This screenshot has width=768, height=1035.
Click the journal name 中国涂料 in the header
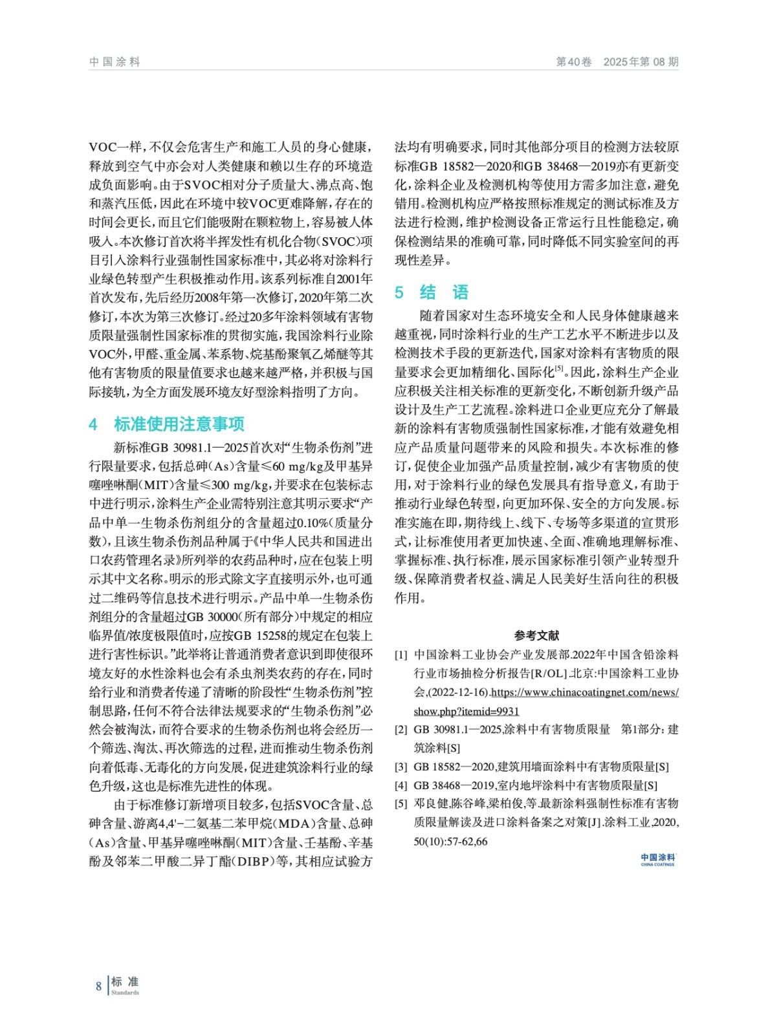pyautogui.click(x=115, y=62)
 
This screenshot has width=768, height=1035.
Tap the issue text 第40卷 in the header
pyautogui.click(x=574, y=62)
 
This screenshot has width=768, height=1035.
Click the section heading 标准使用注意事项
pyautogui.click(x=179, y=424)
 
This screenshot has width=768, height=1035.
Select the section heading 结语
pyautogui.click(x=444, y=292)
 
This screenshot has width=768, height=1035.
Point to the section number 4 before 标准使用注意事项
pyautogui.click(x=93, y=424)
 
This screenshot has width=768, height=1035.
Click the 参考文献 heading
pyautogui.click(x=536, y=635)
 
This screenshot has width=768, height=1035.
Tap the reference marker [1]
pyautogui.click(x=401, y=655)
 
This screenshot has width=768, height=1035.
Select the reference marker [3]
pyautogui.click(x=401, y=767)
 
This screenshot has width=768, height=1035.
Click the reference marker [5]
pyautogui.click(x=401, y=804)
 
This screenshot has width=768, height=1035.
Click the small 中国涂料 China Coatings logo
pyautogui.click(x=657, y=860)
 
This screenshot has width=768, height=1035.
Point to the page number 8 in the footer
pyautogui.click(x=99, y=986)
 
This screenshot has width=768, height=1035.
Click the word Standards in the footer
pyautogui.click(x=125, y=993)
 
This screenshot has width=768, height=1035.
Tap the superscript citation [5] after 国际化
pyautogui.click(x=560, y=369)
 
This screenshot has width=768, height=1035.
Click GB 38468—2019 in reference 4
pyautogui.click(x=454, y=786)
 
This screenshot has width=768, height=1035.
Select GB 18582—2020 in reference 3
pyautogui.click(x=454, y=767)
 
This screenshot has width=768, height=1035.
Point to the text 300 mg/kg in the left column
pyautogui.click(x=239, y=485)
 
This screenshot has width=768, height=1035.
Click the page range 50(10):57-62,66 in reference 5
pyautogui.click(x=451, y=842)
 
